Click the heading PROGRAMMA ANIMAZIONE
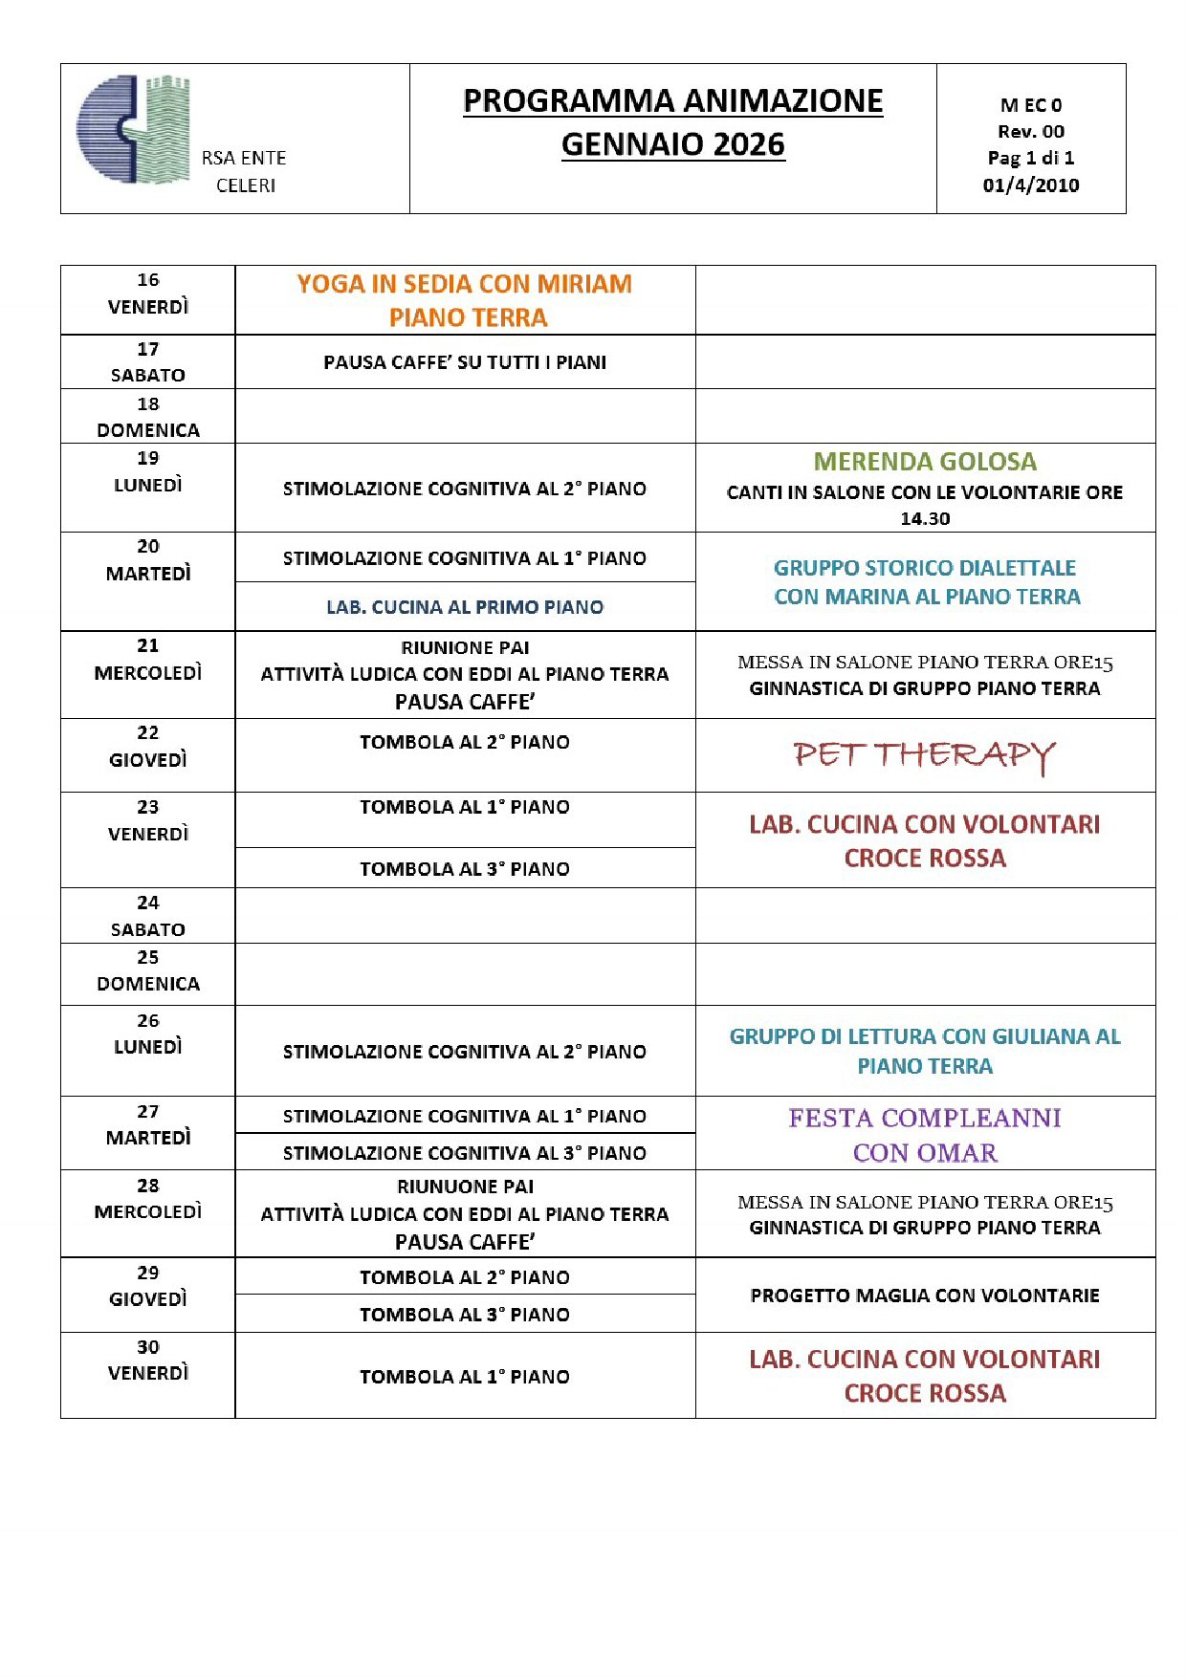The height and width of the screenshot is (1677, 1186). click(x=672, y=100)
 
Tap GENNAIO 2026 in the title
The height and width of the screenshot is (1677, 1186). click(x=672, y=144)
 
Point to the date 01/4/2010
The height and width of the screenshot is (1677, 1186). click(x=1030, y=185)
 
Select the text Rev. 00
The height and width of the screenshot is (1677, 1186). click(x=1030, y=131)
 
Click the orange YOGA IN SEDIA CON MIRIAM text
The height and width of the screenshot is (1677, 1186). click(x=464, y=284)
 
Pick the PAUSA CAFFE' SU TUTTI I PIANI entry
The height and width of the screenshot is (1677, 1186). click(x=464, y=362)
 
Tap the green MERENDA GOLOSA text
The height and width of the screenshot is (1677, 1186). click(x=925, y=462)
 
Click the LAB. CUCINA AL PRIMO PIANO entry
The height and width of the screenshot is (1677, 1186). click(x=464, y=607)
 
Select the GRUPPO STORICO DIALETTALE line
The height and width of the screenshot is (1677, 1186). click(x=925, y=568)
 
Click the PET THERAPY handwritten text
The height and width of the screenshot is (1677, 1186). click(x=925, y=755)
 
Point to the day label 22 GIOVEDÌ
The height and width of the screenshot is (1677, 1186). click(x=147, y=747)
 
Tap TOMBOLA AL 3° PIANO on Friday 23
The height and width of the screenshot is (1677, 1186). click(x=464, y=869)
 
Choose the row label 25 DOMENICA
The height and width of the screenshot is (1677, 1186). click(x=147, y=970)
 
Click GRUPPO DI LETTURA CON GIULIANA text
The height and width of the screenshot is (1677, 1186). click(x=925, y=1036)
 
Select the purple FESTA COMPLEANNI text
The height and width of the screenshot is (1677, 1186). click(x=925, y=1118)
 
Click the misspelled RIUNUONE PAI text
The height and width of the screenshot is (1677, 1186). click(x=465, y=1187)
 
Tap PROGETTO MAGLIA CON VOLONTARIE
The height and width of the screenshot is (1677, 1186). click(x=925, y=1296)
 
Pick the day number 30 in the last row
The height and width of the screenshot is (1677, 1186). click(x=147, y=1347)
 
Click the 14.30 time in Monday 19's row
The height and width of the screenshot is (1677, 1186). click(x=925, y=518)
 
